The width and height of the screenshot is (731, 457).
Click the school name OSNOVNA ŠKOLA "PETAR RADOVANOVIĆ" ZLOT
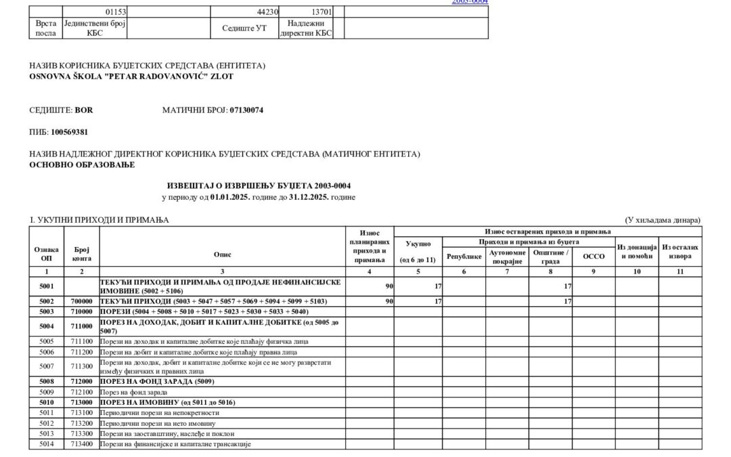coord(131,77)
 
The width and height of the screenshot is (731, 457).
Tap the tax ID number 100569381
coord(70,132)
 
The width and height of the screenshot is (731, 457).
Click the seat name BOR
coord(84,110)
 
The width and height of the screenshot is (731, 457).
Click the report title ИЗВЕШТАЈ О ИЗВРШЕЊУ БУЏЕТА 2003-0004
coord(259,186)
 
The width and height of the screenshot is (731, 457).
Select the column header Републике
coord(464,257)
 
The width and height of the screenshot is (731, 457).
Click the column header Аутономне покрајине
coord(507,257)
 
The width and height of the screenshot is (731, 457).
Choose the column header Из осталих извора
coord(680,252)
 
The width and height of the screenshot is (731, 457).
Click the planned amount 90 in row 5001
coord(389,286)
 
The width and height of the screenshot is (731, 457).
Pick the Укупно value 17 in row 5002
coord(438,301)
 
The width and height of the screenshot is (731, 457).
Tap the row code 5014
coord(46,444)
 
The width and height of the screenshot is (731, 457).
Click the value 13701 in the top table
coord(321,12)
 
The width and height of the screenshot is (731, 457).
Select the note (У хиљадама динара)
coord(663,220)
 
